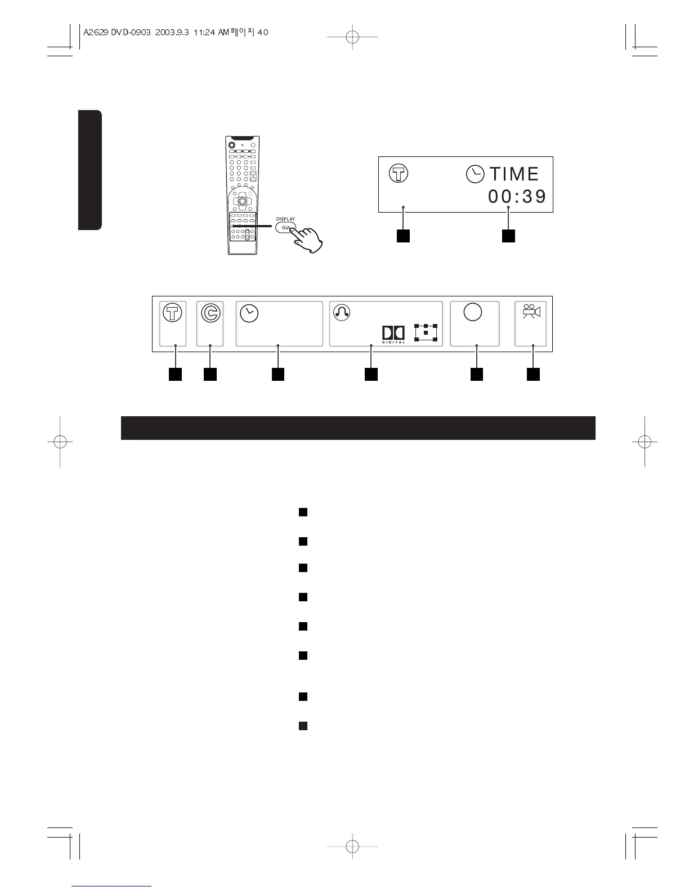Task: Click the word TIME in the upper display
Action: [514, 174]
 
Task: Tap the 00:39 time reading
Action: [517, 197]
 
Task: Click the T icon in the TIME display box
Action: [399, 174]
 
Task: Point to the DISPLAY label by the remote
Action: [285, 219]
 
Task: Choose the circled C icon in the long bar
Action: [210, 314]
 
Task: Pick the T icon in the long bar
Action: [173, 313]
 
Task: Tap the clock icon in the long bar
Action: [249, 313]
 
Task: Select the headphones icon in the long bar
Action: [342, 313]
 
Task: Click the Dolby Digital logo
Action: [393, 334]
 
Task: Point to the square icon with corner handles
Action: [426, 333]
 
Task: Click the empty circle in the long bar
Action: [473, 312]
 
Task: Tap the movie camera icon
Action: [531, 312]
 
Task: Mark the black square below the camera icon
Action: [533, 373]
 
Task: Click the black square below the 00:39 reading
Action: [508, 236]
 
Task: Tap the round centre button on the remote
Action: [241, 200]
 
